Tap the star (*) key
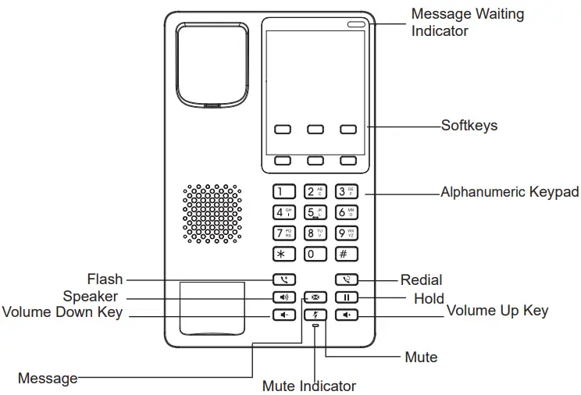point(283,254)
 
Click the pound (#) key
point(346,254)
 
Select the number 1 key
point(283,191)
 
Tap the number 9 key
point(346,233)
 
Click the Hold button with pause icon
point(346,297)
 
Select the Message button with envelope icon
point(315,297)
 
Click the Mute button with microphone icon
point(315,315)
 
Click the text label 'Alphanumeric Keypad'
point(509,192)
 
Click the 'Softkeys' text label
point(469,126)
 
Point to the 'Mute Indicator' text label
point(308,386)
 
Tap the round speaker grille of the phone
point(212,213)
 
